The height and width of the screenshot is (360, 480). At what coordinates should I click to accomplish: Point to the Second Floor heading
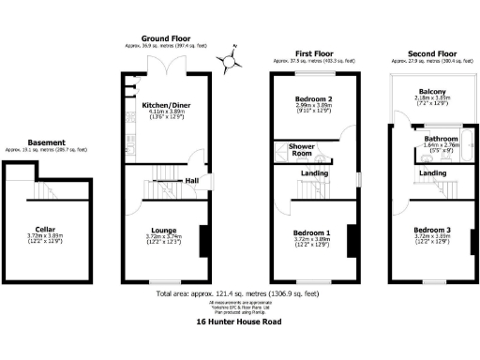click(x=432, y=52)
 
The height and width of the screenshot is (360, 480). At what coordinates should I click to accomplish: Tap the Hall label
click(x=191, y=181)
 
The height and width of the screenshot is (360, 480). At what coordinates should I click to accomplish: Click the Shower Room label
click(x=301, y=150)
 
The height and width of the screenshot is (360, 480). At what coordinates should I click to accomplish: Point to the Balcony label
click(x=431, y=91)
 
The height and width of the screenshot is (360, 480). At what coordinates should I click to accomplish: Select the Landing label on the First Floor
click(x=313, y=172)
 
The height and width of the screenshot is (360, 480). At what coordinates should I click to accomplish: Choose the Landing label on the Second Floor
click(x=432, y=173)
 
